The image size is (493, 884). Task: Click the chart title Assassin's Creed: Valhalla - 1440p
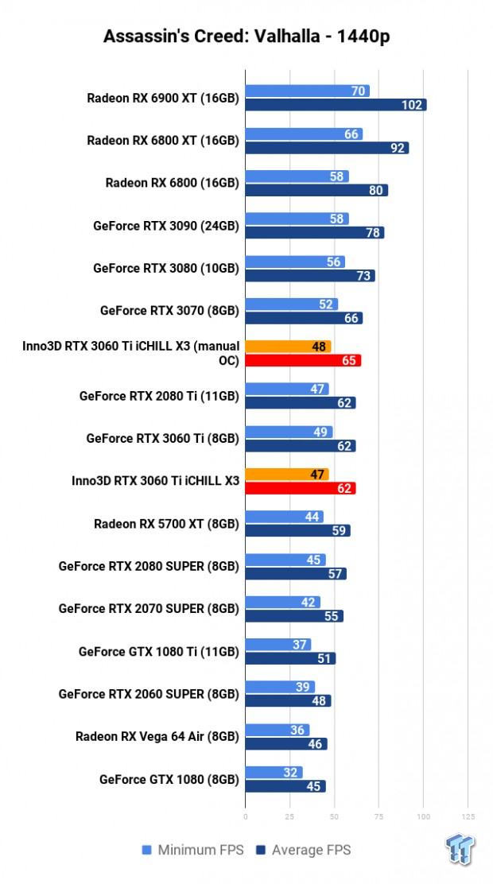click(x=246, y=37)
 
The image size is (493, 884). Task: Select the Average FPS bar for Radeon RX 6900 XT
click(x=336, y=105)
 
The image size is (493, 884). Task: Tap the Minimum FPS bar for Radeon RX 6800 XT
click(x=304, y=134)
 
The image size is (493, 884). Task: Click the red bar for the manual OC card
click(x=303, y=360)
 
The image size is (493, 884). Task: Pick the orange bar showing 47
click(x=286, y=475)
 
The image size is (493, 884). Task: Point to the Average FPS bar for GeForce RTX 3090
click(x=314, y=232)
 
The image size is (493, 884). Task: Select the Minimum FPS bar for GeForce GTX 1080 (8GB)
click(x=274, y=772)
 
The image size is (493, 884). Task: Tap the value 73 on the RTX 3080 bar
click(x=365, y=275)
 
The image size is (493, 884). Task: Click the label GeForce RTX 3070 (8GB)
click(x=169, y=311)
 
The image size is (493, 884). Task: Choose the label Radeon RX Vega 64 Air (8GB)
click(x=157, y=735)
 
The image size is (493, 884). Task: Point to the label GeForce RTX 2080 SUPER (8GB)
click(x=149, y=566)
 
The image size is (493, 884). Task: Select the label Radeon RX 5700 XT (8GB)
click(x=166, y=523)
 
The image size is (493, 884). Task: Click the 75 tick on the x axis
click(x=378, y=816)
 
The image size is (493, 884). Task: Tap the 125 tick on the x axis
click(x=468, y=816)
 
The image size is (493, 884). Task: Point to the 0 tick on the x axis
click(x=246, y=816)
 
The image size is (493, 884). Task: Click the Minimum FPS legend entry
click(x=196, y=851)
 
